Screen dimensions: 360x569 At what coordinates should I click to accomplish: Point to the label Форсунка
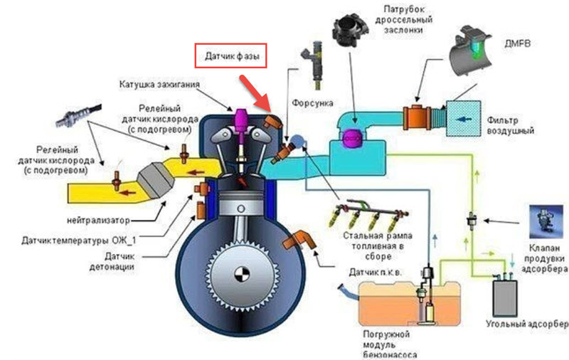[307, 101]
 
